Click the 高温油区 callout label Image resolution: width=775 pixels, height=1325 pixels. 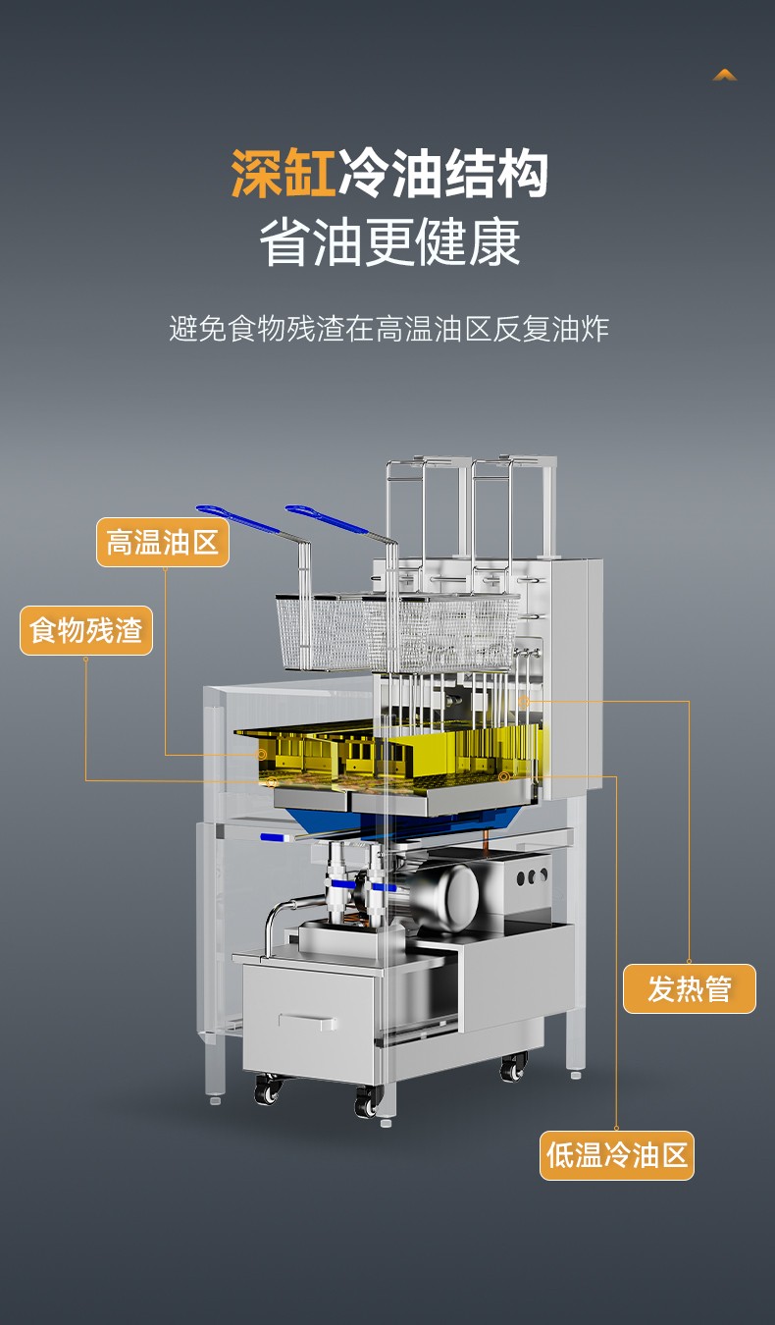163,543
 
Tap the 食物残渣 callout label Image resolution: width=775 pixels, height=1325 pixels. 86,630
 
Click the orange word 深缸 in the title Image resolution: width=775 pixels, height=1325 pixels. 283,173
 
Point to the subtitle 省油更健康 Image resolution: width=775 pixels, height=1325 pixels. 390,242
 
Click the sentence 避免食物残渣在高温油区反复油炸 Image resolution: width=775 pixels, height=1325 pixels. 389,329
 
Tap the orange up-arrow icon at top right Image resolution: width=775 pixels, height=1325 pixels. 724,75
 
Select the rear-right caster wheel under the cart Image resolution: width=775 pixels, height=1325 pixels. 513,1067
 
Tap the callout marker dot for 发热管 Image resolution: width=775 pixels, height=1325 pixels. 524,702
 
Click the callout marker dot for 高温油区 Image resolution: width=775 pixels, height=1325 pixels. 261,754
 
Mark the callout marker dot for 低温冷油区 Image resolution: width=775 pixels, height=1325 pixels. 503,776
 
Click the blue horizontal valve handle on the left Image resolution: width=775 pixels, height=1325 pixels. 274,837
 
